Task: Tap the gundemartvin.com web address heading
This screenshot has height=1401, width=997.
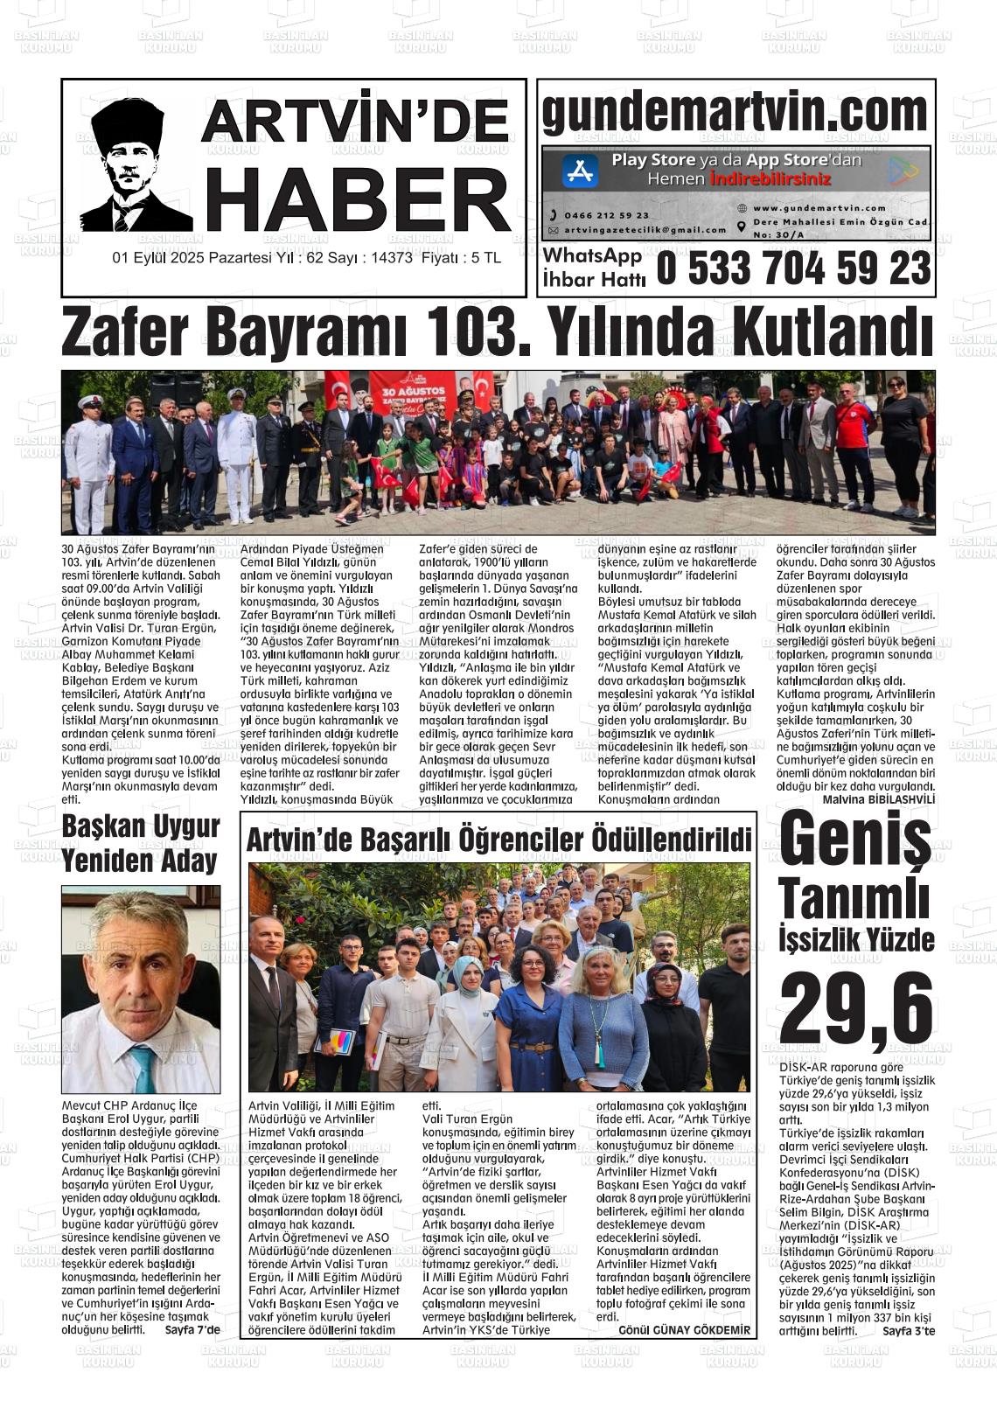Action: [x=735, y=112]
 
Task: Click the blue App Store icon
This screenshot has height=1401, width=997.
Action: [x=579, y=171]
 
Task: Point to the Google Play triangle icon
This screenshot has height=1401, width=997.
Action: [x=903, y=171]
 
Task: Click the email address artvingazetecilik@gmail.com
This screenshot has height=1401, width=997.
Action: [x=645, y=230]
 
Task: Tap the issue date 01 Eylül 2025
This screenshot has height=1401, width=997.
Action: [x=168, y=258]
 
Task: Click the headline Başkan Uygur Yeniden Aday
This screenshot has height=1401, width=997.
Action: [x=140, y=844]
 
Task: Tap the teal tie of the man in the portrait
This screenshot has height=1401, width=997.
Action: [x=143, y=1069]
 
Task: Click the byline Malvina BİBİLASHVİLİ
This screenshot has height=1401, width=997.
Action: [x=879, y=799]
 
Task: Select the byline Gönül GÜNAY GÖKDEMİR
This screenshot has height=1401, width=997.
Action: [x=684, y=1330]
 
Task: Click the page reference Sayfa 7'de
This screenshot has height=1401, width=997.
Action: [x=192, y=1329]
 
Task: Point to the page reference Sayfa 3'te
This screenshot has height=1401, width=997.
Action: [x=909, y=1331]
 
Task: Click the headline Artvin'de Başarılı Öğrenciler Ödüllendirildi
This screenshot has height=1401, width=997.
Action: [x=499, y=840]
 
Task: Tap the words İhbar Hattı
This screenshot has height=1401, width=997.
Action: [x=594, y=280]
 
